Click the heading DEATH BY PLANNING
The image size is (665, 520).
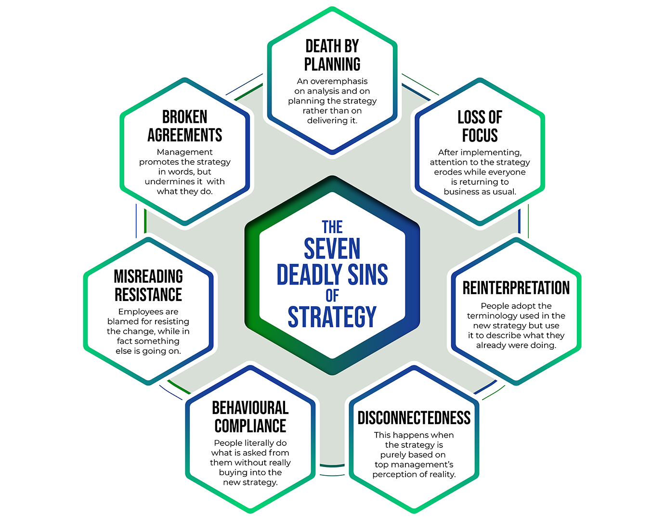[332, 55]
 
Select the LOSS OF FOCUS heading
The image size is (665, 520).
[480, 126]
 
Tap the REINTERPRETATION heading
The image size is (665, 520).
[516, 288]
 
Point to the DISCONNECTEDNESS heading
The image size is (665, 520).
[414, 418]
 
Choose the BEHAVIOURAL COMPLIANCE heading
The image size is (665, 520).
[250, 417]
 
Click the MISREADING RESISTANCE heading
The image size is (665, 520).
[148, 286]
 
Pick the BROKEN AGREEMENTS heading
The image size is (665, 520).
[185, 126]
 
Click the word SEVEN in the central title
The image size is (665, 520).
[332, 249]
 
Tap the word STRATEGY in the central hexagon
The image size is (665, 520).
[332, 317]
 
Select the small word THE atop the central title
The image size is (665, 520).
[332, 227]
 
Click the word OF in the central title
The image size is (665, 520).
[332, 295]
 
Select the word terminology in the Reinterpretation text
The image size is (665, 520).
[492, 316]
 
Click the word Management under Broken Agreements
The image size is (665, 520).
[184, 152]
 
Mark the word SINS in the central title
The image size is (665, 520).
[367, 274]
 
